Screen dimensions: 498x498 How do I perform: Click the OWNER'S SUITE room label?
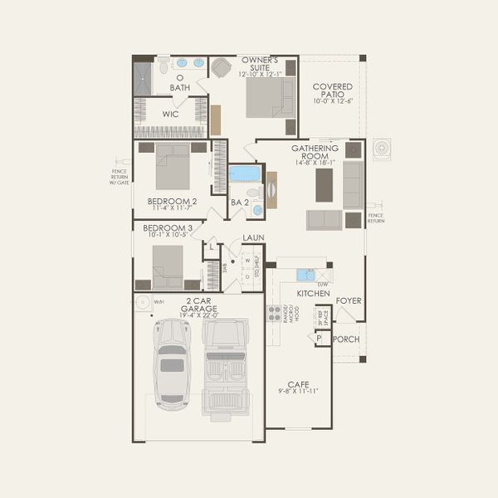pos(260,65)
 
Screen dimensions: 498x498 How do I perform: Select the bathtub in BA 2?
pos(244,173)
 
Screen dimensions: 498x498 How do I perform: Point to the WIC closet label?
pos(171,114)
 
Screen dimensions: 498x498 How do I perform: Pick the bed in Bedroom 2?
pos(173,167)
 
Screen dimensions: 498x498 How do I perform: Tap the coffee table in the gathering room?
pos(324,186)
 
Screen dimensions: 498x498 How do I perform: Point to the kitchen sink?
pos(305,275)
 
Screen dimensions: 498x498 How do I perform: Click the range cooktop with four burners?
pos(272,313)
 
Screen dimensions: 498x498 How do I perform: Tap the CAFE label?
pos(298,384)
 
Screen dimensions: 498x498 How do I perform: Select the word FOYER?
pos(349,300)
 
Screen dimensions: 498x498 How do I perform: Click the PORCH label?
pos(346,339)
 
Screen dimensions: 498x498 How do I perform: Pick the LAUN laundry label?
pos(253,237)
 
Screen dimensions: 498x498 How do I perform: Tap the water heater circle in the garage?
pos(142,303)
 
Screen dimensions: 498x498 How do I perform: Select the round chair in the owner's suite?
pos(221,69)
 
